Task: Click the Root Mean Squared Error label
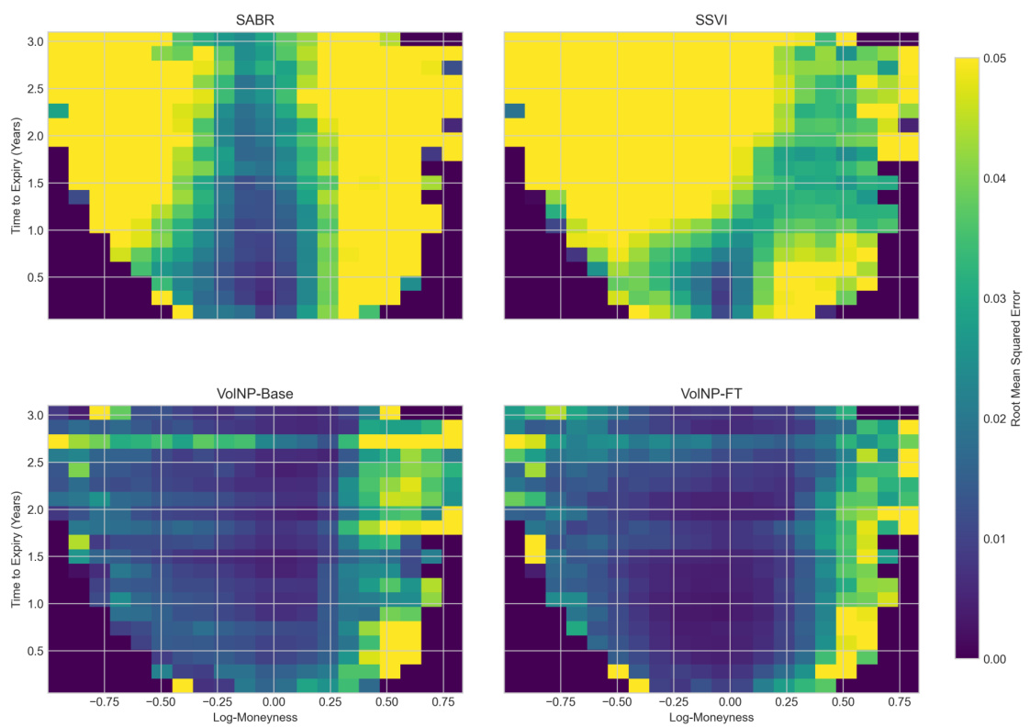1017,358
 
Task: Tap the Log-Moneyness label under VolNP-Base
255,718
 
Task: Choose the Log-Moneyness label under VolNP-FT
711,718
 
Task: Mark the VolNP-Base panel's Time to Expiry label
17,549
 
